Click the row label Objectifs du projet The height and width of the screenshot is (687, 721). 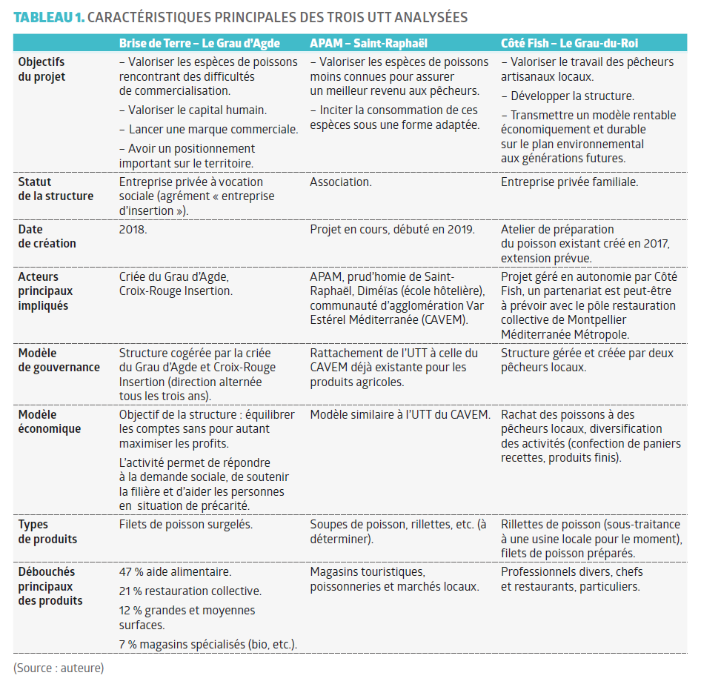pos(41,69)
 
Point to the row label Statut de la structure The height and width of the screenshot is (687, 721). pos(56,188)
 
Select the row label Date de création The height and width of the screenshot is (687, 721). pos(47,236)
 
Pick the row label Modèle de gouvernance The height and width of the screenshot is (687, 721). pos(59,360)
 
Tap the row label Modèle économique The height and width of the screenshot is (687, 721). pos(50,422)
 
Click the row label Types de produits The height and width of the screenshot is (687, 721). pos(47,531)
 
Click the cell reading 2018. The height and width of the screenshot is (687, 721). pos(133,229)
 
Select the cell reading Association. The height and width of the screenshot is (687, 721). pos(341,182)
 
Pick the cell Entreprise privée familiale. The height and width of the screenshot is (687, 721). pos(569,182)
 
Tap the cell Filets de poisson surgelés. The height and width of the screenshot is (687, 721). pos(186,525)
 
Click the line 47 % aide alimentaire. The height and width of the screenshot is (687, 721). pos(175,572)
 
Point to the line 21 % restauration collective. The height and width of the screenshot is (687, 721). pos(190,591)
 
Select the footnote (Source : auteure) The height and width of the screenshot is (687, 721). pos(59,668)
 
